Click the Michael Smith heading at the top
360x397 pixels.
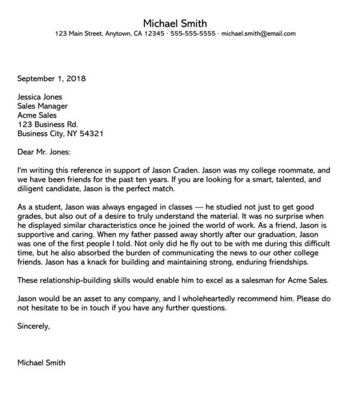pos(175,23)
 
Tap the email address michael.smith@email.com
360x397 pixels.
pos(259,34)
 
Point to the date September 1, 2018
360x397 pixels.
pos(52,79)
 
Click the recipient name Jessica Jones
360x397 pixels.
pos(40,97)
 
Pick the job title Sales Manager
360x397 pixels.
pos(43,106)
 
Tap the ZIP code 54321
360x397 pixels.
pos(91,134)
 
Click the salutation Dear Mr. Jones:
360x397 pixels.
pos(45,153)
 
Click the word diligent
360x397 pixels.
pos(31,190)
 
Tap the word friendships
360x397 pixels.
pos(281,263)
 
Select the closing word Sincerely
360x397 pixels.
pos(33,327)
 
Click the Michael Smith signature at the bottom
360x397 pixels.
pos(41,363)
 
